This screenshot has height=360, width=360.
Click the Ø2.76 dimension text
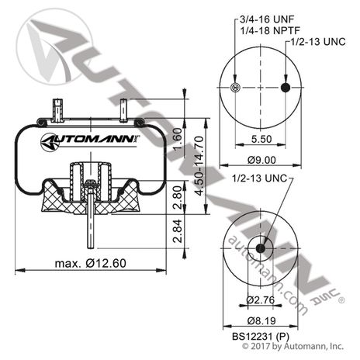click(x=261, y=299)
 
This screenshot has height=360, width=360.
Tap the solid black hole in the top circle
click(x=286, y=88)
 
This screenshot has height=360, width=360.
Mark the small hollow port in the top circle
click(x=235, y=88)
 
